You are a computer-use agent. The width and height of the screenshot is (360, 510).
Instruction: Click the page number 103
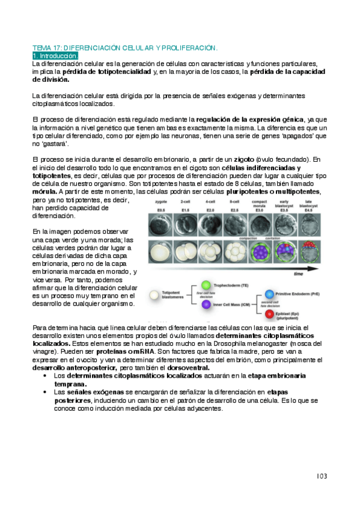coord(322,476)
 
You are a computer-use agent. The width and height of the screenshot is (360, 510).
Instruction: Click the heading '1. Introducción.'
coord(55,55)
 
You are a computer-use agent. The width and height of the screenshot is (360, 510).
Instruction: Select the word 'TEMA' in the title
coord(41,48)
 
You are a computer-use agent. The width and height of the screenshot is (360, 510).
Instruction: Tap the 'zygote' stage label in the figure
coord(161,203)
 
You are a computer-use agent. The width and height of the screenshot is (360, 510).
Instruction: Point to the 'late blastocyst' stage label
coord(308,204)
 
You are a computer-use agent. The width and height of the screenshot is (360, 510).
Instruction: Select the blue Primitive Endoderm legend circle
coord(269,295)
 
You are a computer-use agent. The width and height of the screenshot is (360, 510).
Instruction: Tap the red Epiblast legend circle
coord(269,315)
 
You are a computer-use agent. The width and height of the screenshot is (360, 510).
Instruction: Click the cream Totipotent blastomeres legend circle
coord(155,295)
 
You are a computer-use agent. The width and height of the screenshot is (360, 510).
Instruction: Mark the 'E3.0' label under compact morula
coord(260,210)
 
